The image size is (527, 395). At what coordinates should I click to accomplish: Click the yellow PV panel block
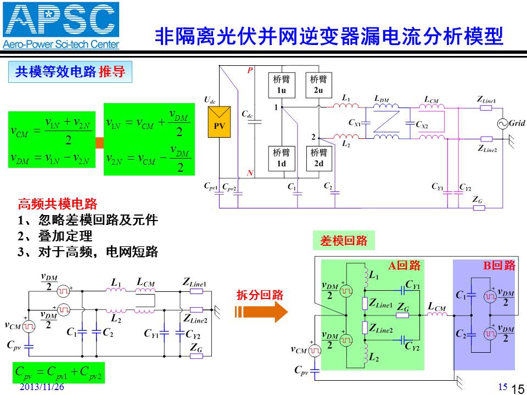pyautogui.click(x=219, y=122)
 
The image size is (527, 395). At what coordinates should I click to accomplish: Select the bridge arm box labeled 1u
pyautogui.click(x=282, y=85)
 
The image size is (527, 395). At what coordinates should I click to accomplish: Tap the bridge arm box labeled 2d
pyautogui.click(x=318, y=159)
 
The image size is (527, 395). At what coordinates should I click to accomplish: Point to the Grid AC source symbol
pyautogui.click(x=502, y=124)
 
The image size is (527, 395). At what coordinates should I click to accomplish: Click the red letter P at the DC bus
pyautogui.click(x=250, y=70)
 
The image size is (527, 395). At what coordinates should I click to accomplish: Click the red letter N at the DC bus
pyautogui.click(x=250, y=173)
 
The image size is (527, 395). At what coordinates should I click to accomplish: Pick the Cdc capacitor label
pyautogui.click(x=247, y=115)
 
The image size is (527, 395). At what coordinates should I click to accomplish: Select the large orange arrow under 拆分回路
pyautogui.click(x=261, y=312)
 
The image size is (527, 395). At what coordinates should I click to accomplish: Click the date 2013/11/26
pyautogui.click(x=42, y=387)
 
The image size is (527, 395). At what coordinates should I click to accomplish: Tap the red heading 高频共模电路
pyautogui.click(x=58, y=204)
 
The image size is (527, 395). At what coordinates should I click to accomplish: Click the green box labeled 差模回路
pyautogui.click(x=344, y=240)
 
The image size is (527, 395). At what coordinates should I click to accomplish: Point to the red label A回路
pyautogui.click(x=405, y=266)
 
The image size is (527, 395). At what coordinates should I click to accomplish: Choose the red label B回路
pyautogui.click(x=499, y=266)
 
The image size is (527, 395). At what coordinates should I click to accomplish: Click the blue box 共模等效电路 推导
pyautogui.click(x=70, y=71)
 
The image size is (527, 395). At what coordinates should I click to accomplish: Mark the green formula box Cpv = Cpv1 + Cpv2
pyautogui.click(x=59, y=373)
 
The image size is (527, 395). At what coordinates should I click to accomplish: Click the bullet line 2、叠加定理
pyautogui.click(x=55, y=236)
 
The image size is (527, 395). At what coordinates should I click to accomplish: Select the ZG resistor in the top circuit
pyautogui.click(x=479, y=208)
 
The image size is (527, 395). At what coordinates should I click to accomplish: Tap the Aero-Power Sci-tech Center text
pyautogui.click(x=61, y=44)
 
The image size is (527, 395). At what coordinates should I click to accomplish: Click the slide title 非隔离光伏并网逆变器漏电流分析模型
pyautogui.click(x=329, y=36)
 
